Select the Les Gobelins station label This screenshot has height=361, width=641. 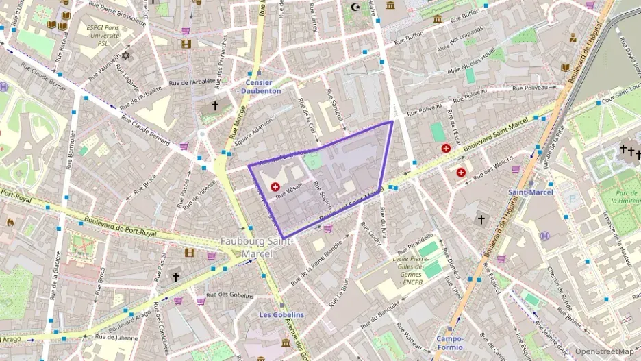[281, 314]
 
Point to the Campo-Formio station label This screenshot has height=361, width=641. [450, 343]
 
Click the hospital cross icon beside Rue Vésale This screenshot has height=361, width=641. [275, 186]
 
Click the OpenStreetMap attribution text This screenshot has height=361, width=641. [603, 351]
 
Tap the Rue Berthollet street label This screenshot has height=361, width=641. [71, 149]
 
